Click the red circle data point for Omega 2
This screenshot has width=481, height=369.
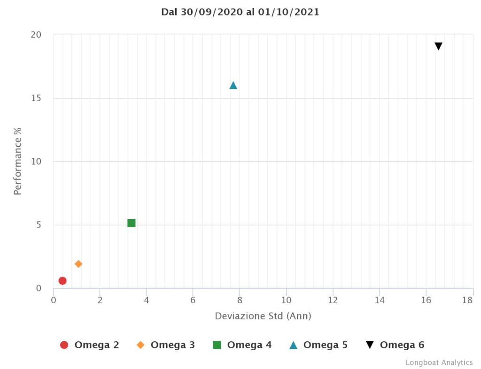(x=62, y=281)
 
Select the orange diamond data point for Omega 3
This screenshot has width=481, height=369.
(x=78, y=264)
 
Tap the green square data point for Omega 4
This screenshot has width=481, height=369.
(x=132, y=223)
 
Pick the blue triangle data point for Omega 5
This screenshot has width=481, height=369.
(x=233, y=85)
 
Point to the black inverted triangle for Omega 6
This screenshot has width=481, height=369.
(x=438, y=46)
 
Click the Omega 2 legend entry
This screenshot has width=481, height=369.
(x=90, y=345)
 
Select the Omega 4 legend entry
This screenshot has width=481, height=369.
(x=242, y=345)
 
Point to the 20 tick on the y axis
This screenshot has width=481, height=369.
(x=37, y=35)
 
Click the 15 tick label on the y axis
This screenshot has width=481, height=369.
(x=37, y=98)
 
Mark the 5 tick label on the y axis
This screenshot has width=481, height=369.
(x=39, y=225)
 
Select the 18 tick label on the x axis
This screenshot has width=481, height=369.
(x=467, y=300)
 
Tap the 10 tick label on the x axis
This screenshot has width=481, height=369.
(x=287, y=300)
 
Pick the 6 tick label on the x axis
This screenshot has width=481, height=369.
(x=193, y=300)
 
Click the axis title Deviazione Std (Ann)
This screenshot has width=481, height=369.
(x=263, y=316)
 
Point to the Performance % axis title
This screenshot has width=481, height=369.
(x=18, y=161)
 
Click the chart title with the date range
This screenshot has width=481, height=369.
(x=240, y=12)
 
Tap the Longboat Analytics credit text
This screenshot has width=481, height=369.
(x=439, y=362)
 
